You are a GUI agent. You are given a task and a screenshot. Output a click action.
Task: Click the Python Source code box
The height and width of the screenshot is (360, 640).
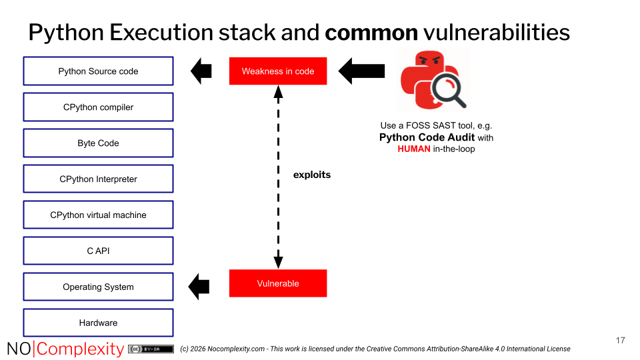pos(98,71)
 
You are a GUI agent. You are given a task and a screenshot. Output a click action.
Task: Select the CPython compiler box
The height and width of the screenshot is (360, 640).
pos(98,107)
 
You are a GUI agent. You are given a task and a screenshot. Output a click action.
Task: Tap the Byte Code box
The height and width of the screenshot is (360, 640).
pos(98,143)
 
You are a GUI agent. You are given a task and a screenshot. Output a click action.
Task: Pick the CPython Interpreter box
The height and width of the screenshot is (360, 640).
pos(98,179)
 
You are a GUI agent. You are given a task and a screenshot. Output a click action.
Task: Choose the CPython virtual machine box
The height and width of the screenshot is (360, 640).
pos(98,215)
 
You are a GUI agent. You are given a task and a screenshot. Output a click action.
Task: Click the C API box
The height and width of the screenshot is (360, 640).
pos(98,251)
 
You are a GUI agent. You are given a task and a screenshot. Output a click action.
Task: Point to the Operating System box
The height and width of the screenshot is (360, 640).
pos(98,287)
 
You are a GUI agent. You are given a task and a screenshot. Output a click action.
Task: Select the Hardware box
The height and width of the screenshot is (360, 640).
pos(98,323)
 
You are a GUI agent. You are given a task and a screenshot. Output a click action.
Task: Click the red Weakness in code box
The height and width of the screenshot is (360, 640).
pos(278,71)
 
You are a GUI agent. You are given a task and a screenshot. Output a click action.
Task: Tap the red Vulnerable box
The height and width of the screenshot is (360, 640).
pos(278,283)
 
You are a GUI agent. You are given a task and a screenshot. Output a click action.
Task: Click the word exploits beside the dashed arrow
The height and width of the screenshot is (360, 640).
pos(312,175)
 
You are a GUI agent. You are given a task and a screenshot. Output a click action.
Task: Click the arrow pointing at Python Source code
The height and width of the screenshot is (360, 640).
pos(201,71)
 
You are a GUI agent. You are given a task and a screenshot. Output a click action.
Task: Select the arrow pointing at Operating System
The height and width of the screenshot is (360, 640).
pos(199,287)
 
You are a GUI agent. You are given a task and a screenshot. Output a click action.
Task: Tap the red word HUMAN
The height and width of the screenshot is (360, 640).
pos(414,149)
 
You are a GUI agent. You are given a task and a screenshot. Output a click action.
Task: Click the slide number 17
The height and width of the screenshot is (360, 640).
pos(620,341)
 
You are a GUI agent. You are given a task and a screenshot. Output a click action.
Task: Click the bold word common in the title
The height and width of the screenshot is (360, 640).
pos(371,32)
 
